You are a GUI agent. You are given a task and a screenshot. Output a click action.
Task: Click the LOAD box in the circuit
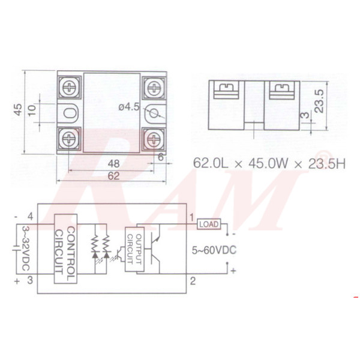click(x=208, y=224)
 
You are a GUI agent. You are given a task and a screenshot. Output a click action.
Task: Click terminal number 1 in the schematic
click(x=192, y=217)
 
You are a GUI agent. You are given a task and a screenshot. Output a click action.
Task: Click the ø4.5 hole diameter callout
click(x=130, y=107)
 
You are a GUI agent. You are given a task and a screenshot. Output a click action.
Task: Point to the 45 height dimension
click(x=18, y=110)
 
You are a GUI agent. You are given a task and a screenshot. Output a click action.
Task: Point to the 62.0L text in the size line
click(x=212, y=162)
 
